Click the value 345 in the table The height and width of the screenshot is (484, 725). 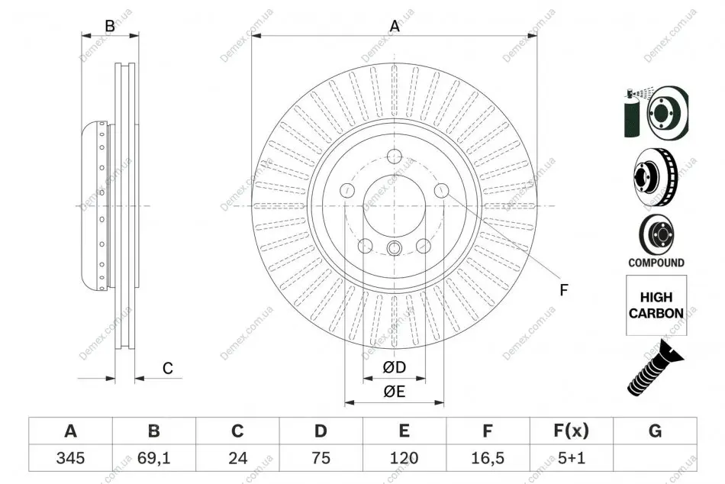pyautogui.click(x=70, y=458)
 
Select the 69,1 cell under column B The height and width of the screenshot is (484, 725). pyautogui.click(x=154, y=458)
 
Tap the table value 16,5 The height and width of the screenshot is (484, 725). pyautogui.click(x=488, y=458)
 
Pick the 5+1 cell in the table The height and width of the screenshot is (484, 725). pyautogui.click(x=572, y=458)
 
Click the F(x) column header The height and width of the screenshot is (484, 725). pyautogui.click(x=572, y=431)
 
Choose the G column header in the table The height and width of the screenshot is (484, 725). pyautogui.click(x=656, y=431)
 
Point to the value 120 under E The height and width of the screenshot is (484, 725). pyautogui.click(x=404, y=458)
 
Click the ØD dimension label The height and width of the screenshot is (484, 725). pyautogui.click(x=395, y=367)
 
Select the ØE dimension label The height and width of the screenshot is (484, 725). pyautogui.click(x=395, y=392)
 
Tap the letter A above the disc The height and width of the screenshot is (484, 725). pyautogui.click(x=395, y=26)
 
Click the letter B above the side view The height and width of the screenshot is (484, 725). pyautogui.click(x=110, y=26)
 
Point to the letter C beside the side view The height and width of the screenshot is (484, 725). pyautogui.click(x=167, y=368)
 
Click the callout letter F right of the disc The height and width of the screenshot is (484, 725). pyautogui.click(x=564, y=290)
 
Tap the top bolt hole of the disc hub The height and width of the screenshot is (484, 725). pyautogui.click(x=395, y=156)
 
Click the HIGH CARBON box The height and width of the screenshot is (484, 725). pyautogui.click(x=656, y=305)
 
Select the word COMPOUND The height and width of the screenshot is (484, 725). pyautogui.click(x=656, y=263)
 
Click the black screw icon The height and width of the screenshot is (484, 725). pyautogui.click(x=656, y=368)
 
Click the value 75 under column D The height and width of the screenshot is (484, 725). pyautogui.click(x=321, y=458)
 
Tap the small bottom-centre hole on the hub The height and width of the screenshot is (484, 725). pyautogui.click(x=394, y=248)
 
